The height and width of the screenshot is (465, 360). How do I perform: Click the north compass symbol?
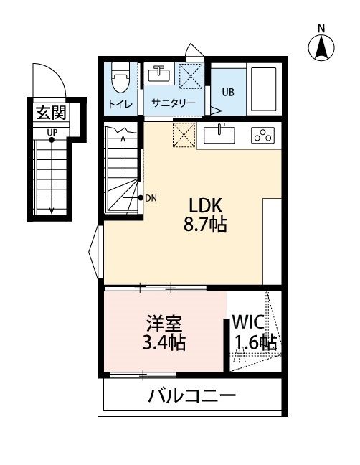pos(322,48)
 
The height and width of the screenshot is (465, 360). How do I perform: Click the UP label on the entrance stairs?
pos(52,132)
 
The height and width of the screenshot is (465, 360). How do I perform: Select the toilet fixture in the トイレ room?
pos(120,75)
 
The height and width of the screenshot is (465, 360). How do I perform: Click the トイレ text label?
pos(119,103)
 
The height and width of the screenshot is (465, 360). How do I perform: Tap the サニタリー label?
pos(173,103)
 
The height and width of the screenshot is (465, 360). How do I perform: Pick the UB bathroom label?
pos(227,92)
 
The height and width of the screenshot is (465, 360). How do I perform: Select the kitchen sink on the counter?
pos(220,134)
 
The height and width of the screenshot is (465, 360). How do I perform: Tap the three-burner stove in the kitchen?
pos(262,135)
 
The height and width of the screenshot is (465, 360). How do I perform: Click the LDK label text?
pos(204,204)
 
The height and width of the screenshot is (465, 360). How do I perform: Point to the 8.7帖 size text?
pos(204,225)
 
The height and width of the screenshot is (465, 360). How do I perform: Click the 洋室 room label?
pos(161,321)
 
